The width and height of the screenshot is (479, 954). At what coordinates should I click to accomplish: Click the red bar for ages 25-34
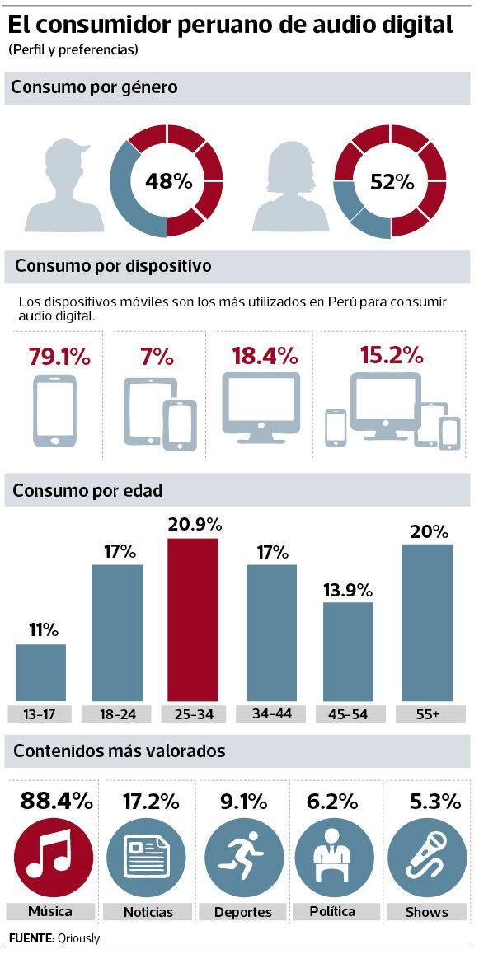coord(193,619)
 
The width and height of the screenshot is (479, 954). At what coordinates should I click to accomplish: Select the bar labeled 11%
coord(40,671)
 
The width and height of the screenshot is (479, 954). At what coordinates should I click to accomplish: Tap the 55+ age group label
coord(426,713)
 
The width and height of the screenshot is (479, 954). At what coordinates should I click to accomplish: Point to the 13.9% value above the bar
coord(348,591)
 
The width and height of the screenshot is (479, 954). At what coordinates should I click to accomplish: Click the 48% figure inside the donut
coord(168,181)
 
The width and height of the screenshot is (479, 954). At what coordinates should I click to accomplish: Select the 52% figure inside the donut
coord(392,181)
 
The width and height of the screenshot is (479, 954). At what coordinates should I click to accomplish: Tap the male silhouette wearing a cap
coord(65,185)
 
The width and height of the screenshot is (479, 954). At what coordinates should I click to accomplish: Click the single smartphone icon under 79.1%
coord(54,410)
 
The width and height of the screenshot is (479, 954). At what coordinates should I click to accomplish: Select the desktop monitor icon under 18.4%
coord(261,404)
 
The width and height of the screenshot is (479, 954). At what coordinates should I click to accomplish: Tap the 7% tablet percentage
coord(157,356)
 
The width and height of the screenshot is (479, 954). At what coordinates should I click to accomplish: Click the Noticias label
coord(148,912)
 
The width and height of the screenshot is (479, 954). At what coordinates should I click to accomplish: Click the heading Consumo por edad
coord(87,491)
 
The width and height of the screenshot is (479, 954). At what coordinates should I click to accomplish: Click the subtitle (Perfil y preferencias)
coord(73,49)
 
